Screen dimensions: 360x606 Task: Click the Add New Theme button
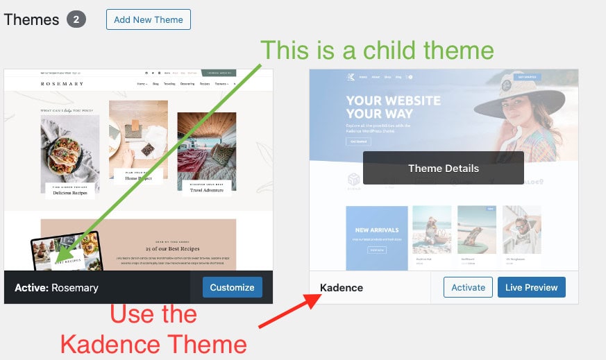click(149, 19)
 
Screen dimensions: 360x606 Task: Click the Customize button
click(233, 286)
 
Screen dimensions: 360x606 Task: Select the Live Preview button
click(531, 286)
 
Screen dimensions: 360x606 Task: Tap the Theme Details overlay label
click(443, 168)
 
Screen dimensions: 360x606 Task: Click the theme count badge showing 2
click(76, 19)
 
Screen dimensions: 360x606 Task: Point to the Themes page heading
click(32, 19)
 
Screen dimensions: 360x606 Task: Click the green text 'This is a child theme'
click(377, 50)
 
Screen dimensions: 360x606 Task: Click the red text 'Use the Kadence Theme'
click(153, 329)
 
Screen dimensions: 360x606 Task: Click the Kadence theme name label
click(342, 287)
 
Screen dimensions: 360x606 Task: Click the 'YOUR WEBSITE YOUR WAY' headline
click(383, 106)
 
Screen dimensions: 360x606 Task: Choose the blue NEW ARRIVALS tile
click(376, 238)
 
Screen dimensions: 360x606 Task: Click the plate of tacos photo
click(69, 148)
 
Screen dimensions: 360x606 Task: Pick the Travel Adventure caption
click(206, 187)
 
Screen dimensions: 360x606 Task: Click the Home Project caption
click(138, 177)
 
